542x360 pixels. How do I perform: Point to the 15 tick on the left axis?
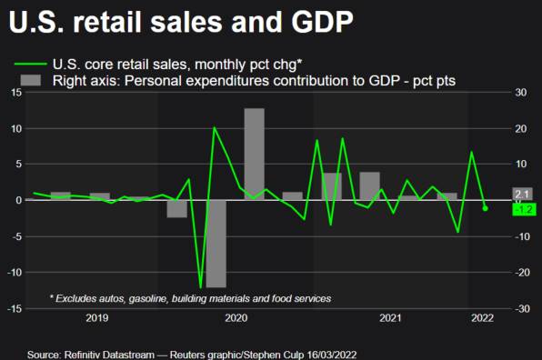click(15, 93)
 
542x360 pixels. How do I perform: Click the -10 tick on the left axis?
click(14, 273)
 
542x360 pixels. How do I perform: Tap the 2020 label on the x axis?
click(236, 318)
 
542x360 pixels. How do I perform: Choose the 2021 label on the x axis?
click(390, 318)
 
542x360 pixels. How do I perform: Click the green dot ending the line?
click(485, 208)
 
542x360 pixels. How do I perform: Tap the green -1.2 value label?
click(523, 209)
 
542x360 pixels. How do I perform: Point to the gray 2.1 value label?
click(522, 194)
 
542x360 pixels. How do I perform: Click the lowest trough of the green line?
click(200, 287)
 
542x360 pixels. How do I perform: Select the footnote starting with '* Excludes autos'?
click(189, 298)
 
